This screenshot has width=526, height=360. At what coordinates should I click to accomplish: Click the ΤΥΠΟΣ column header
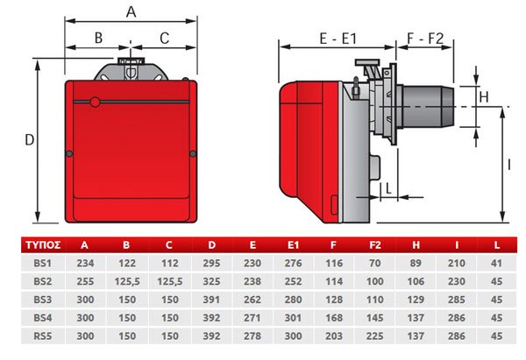(43, 245)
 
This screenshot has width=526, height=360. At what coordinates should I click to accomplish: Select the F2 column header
(375, 245)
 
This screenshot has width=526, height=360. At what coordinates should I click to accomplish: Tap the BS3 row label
(43, 300)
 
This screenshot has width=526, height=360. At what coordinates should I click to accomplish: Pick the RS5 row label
(43, 335)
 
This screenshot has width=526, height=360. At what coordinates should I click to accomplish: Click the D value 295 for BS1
(211, 263)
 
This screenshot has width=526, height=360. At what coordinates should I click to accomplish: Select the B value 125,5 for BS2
(127, 281)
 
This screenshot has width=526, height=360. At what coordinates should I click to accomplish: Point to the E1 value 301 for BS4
(293, 318)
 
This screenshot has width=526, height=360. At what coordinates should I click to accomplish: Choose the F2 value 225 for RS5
(375, 335)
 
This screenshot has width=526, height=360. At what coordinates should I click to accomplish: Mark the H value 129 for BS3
(416, 300)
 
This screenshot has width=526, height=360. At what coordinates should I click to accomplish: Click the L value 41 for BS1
(496, 263)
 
